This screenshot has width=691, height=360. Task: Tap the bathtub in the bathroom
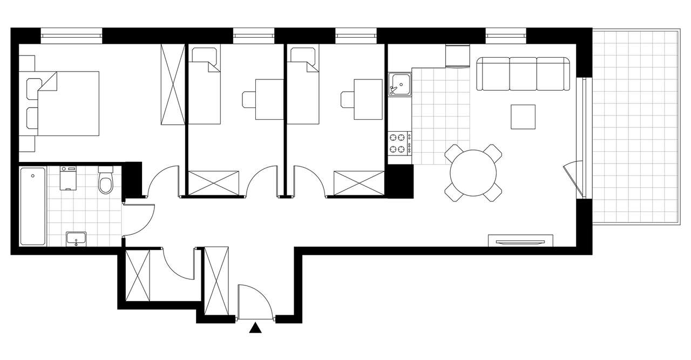[32, 206]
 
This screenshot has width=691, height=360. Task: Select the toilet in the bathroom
[106, 182]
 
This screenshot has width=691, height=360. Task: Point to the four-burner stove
[399, 143]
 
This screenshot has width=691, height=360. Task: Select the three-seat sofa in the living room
[523, 74]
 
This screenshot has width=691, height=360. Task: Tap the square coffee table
[523, 117]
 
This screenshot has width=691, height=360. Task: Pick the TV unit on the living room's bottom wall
[520, 240]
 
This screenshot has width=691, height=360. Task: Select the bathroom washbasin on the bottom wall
[76, 238]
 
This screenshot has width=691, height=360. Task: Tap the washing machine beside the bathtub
[68, 178]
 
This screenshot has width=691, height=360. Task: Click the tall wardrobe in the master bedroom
[173, 85]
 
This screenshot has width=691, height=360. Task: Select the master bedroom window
[71, 36]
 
